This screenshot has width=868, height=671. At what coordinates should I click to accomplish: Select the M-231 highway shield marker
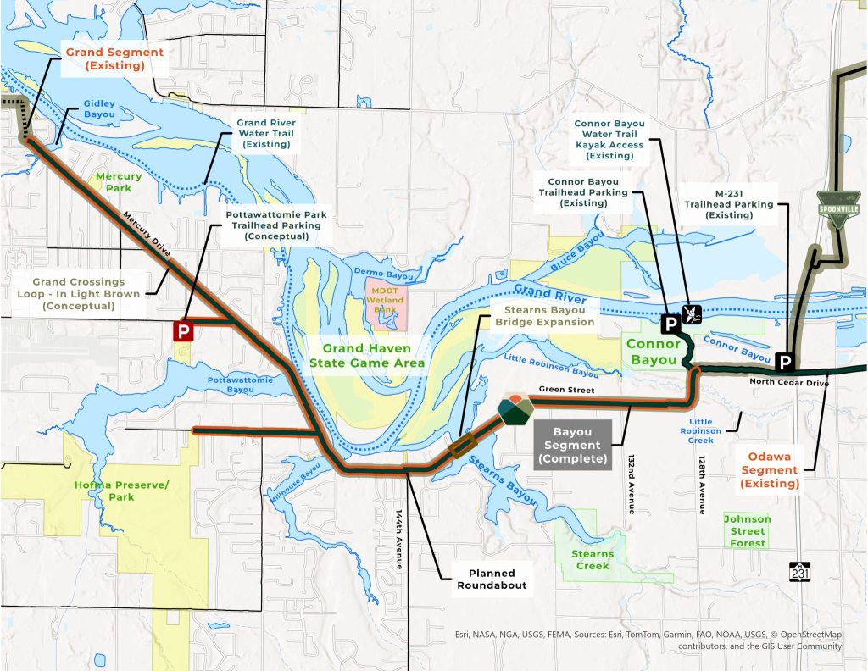[x=799, y=574]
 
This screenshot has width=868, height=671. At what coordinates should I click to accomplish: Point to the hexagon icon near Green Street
[x=515, y=410]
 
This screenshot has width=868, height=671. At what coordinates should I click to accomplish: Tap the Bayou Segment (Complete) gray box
[x=572, y=446]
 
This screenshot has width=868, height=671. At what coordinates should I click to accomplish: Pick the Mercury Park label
[x=114, y=182]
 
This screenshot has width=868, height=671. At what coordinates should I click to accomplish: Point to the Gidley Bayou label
[x=98, y=109]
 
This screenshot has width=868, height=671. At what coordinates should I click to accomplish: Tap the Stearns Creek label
[x=593, y=560]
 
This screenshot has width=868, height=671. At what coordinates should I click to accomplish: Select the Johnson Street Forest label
[x=747, y=531]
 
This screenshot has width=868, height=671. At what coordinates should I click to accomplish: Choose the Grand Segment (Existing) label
[x=105, y=58]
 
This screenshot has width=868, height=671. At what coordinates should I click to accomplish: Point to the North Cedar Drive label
[x=787, y=382]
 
